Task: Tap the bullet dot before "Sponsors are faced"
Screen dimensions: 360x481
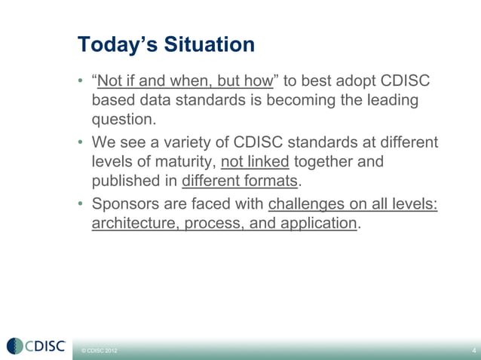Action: point(81,203)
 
